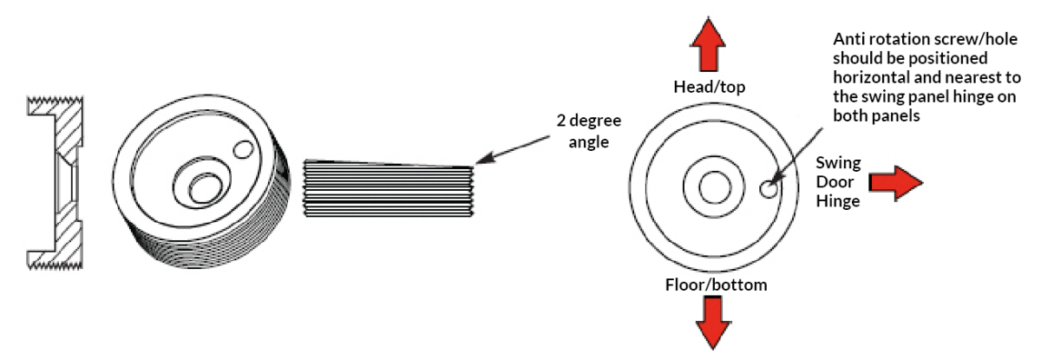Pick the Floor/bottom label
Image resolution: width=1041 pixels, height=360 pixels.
[x=717, y=285]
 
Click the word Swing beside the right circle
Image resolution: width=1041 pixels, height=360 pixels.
[x=837, y=162]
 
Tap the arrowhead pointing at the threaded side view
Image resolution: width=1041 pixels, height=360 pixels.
[x=481, y=161]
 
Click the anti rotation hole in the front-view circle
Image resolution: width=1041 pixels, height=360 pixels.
[x=768, y=188]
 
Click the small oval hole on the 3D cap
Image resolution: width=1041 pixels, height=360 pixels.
[x=245, y=151]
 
